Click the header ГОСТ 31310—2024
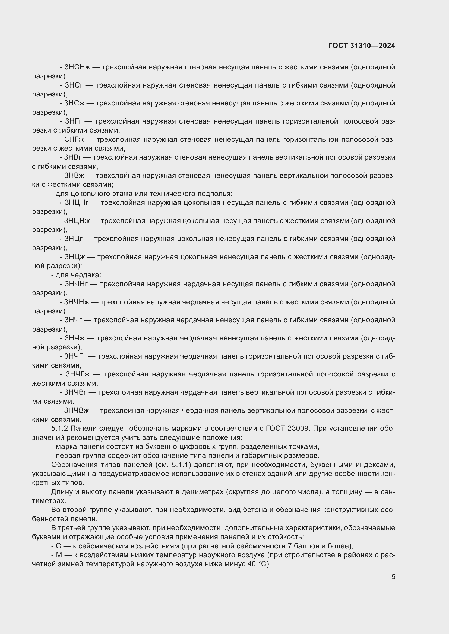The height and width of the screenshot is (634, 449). pyautogui.click(x=361, y=46)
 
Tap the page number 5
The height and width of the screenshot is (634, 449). pyautogui.click(x=393, y=577)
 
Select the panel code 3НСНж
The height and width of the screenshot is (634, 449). pyautogui.click(x=77, y=67)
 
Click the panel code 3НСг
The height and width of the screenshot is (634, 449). pyautogui.click(x=74, y=85)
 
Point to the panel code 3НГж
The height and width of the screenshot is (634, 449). pyautogui.click(x=75, y=139)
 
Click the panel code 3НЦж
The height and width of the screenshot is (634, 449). pyautogui.click(x=75, y=257)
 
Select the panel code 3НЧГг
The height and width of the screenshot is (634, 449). pyautogui.click(x=75, y=356)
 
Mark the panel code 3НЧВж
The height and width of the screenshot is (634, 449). pyautogui.click(x=77, y=411)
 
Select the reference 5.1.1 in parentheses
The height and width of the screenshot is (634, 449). pyautogui.click(x=181, y=465)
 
